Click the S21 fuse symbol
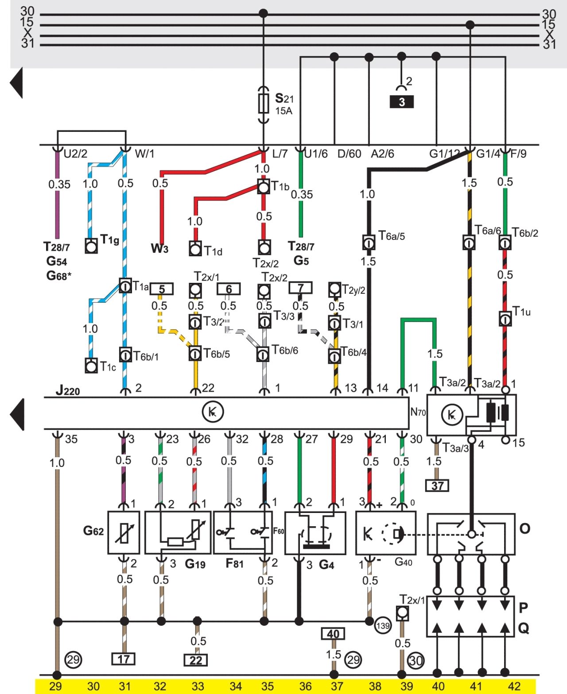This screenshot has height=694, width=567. click(263, 104)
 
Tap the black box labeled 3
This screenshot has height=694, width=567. click(401, 102)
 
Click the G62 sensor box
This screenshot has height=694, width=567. click(124, 532)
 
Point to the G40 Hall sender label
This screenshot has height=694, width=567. click(404, 562)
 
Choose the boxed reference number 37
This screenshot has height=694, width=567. click(437, 486)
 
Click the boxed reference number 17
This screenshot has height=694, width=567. click(124, 659)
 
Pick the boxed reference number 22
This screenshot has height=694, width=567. click(196, 660)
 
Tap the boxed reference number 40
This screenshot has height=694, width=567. click(333, 634)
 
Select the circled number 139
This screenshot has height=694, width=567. click(383, 625)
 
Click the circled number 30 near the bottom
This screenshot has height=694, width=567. click(416, 660)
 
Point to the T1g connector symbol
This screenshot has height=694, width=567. click(91, 246)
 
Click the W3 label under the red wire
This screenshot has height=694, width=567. click(159, 248)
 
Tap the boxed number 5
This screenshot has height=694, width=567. click(162, 289)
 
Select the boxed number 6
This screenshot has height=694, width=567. click(229, 289)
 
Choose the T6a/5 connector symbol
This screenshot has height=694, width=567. click(369, 243)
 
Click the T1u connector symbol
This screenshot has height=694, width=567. click(505, 319)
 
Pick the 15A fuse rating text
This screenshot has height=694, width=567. click(284, 111)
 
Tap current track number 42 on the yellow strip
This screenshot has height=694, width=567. click(514, 686)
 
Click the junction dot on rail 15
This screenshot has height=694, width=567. click(470, 25)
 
